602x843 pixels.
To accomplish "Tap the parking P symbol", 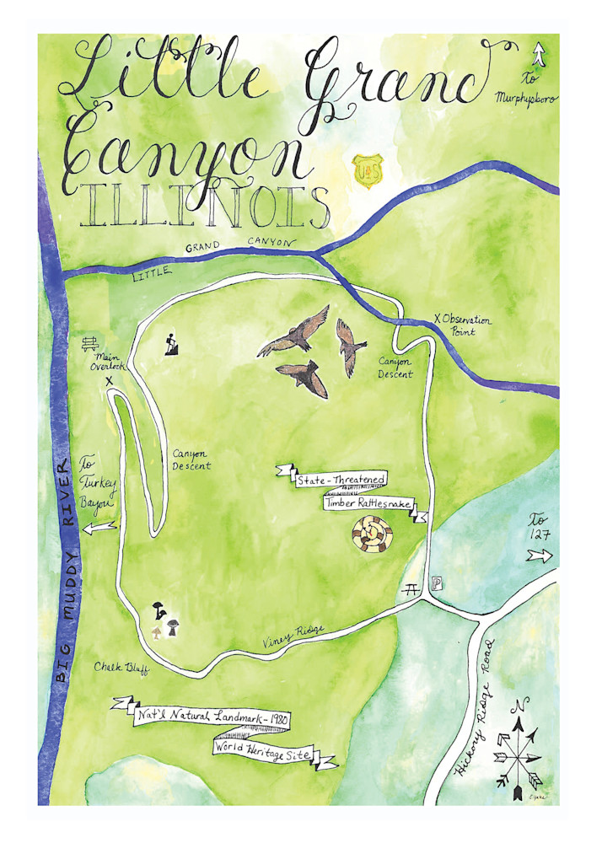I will click(x=436, y=583).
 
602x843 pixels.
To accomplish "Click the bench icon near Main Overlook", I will click(x=91, y=344).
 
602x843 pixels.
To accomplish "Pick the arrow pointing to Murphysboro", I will click(x=538, y=56).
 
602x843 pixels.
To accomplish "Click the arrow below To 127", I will click(x=540, y=556).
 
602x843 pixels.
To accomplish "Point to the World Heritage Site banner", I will click(x=273, y=751).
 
